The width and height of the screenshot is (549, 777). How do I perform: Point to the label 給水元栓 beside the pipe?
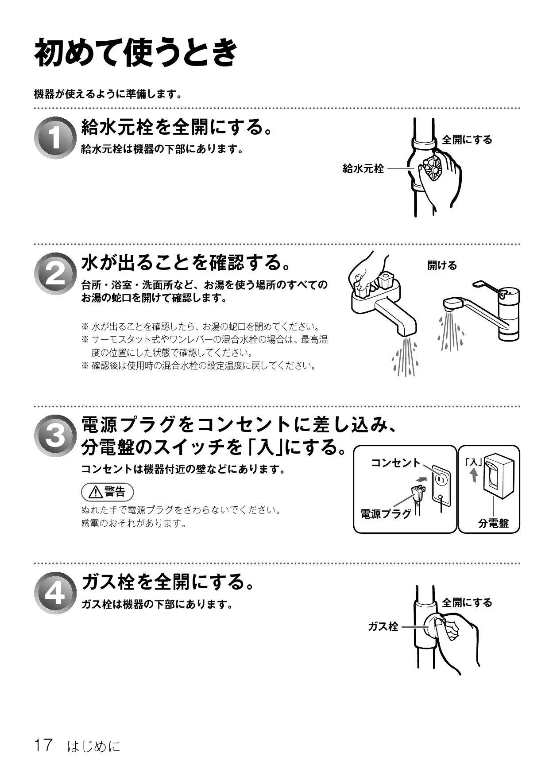click(363, 168)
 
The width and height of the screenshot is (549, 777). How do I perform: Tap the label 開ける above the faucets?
click(442, 265)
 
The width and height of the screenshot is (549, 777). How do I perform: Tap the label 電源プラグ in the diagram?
click(386, 514)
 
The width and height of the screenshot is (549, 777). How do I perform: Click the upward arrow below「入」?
click(473, 476)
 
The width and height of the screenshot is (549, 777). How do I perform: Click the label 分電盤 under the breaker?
click(494, 523)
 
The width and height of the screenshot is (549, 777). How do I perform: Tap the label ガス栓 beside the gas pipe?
click(383, 626)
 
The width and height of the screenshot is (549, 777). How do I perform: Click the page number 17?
click(44, 746)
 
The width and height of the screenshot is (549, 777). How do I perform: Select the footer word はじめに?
click(93, 746)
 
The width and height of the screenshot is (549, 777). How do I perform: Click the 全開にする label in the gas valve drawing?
click(467, 602)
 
